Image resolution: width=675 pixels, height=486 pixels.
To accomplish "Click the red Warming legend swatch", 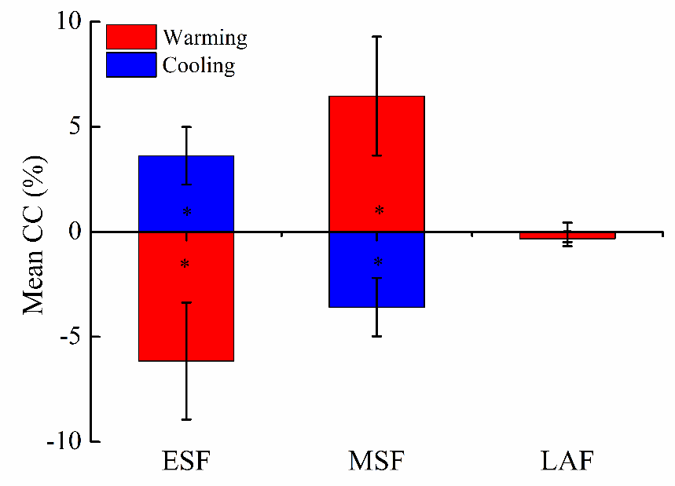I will [x=131, y=37].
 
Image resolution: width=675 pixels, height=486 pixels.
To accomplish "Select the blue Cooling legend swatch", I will [x=131, y=64].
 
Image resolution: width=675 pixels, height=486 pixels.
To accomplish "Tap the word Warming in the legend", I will [x=204, y=37].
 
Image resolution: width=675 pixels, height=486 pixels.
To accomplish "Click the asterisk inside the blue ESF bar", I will [x=187, y=212].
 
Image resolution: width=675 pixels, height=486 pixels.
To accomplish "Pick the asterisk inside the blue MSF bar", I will [x=378, y=262].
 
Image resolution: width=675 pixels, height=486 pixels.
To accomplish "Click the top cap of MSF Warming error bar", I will [x=377, y=36].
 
